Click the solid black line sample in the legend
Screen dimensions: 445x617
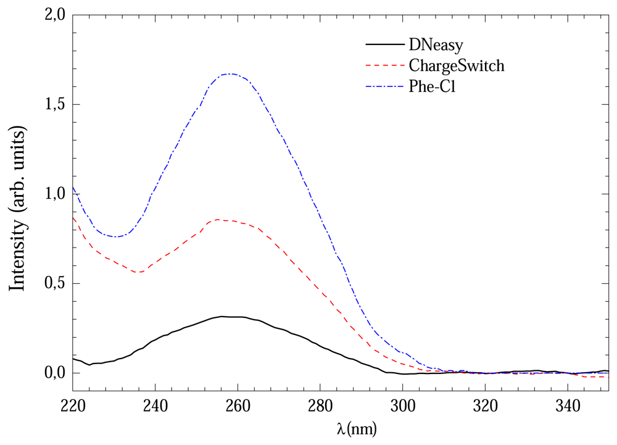(x=384, y=44)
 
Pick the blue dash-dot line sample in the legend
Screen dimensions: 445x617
(x=384, y=85)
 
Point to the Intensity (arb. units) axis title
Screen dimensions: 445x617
(x=19, y=204)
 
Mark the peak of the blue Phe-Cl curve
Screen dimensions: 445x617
(x=230, y=74)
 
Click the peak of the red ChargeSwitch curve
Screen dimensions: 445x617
(x=217, y=219)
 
